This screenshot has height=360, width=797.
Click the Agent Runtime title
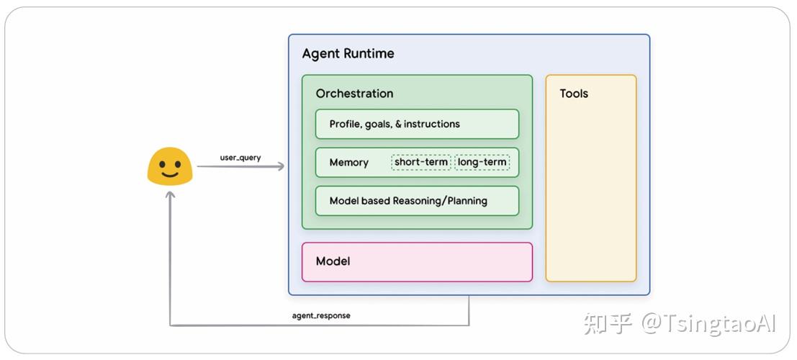[348, 54]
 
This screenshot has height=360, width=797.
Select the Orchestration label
[354, 94]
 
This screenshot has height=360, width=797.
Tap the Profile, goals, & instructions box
[417, 124]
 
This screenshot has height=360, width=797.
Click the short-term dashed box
[421, 162]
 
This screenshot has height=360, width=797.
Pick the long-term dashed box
[482, 162]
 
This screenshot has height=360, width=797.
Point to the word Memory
[348, 163]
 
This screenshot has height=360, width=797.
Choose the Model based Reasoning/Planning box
[417, 201]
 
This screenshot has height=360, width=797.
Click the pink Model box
[417, 261]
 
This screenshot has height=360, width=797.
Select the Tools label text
[574, 94]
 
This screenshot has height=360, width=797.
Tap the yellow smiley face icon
[169, 167]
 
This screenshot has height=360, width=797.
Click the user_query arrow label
[240, 157]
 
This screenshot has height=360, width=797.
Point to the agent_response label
[321, 315]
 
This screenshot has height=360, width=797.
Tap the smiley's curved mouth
[169, 174]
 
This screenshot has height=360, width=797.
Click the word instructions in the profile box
[431, 124]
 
